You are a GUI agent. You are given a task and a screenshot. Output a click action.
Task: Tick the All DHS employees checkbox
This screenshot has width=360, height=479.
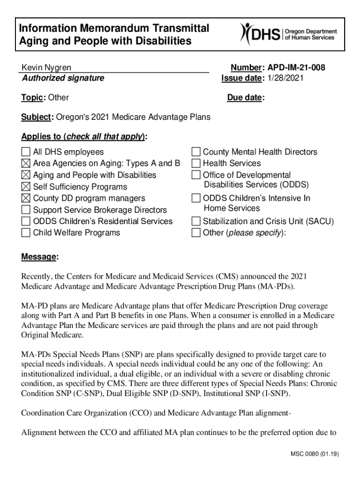(x=26, y=152)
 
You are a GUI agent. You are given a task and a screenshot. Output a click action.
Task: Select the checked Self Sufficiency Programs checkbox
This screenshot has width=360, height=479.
(x=26, y=187)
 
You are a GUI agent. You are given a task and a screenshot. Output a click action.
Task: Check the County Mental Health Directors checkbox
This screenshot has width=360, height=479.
(x=196, y=152)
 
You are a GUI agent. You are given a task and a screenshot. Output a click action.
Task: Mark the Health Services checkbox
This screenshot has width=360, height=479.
(x=196, y=163)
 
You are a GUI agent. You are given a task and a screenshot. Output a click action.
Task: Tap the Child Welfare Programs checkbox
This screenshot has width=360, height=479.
(x=26, y=233)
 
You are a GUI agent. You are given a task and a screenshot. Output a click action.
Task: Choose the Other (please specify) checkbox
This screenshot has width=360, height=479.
(x=196, y=233)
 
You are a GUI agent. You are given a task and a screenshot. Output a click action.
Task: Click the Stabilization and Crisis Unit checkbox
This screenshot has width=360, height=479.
(x=196, y=221)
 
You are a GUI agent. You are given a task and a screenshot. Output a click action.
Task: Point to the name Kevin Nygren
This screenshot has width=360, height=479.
(x=46, y=68)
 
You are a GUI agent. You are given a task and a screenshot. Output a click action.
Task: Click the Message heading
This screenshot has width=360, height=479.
(x=40, y=257)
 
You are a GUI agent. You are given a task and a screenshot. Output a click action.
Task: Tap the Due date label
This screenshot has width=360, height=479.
(x=245, y=98)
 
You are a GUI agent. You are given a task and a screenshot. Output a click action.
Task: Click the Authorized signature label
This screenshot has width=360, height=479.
(x=63, y=78)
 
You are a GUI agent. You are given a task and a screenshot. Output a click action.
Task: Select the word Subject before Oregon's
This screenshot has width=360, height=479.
(x=37, y=117)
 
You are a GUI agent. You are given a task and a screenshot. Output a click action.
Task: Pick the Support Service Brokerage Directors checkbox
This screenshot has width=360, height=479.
(x=26, y=210)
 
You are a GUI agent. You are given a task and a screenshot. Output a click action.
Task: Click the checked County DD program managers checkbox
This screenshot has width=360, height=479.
(x=26, y=198)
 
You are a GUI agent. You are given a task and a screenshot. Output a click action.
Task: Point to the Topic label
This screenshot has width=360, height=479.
(x=32, y=98)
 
